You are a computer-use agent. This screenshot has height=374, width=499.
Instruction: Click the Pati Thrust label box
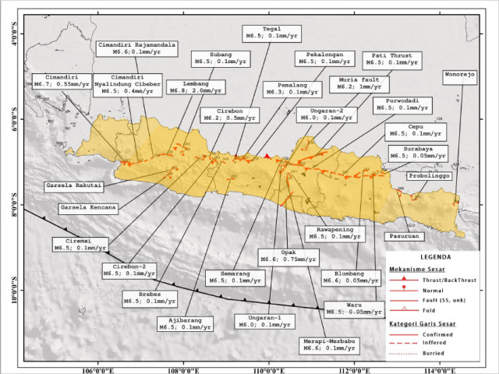click(392, 59)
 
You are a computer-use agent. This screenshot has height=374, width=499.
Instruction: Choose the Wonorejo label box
click(460, 76)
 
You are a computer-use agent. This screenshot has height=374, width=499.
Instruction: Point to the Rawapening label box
click(334, 233)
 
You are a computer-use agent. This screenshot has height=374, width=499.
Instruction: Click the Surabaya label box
click(419, 151)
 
